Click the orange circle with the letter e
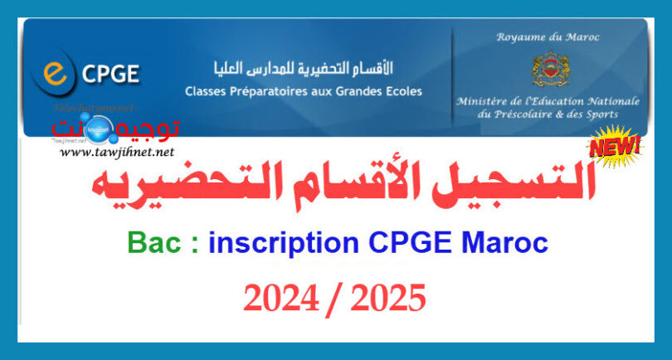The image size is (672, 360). click(x=56, y=74)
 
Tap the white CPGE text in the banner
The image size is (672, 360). click(x=110, y=77)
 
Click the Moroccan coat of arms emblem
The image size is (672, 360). click(x=548, y=70)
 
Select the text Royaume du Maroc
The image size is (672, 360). click(x=548, y=37)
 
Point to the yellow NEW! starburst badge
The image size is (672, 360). click(x=615, y=147)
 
